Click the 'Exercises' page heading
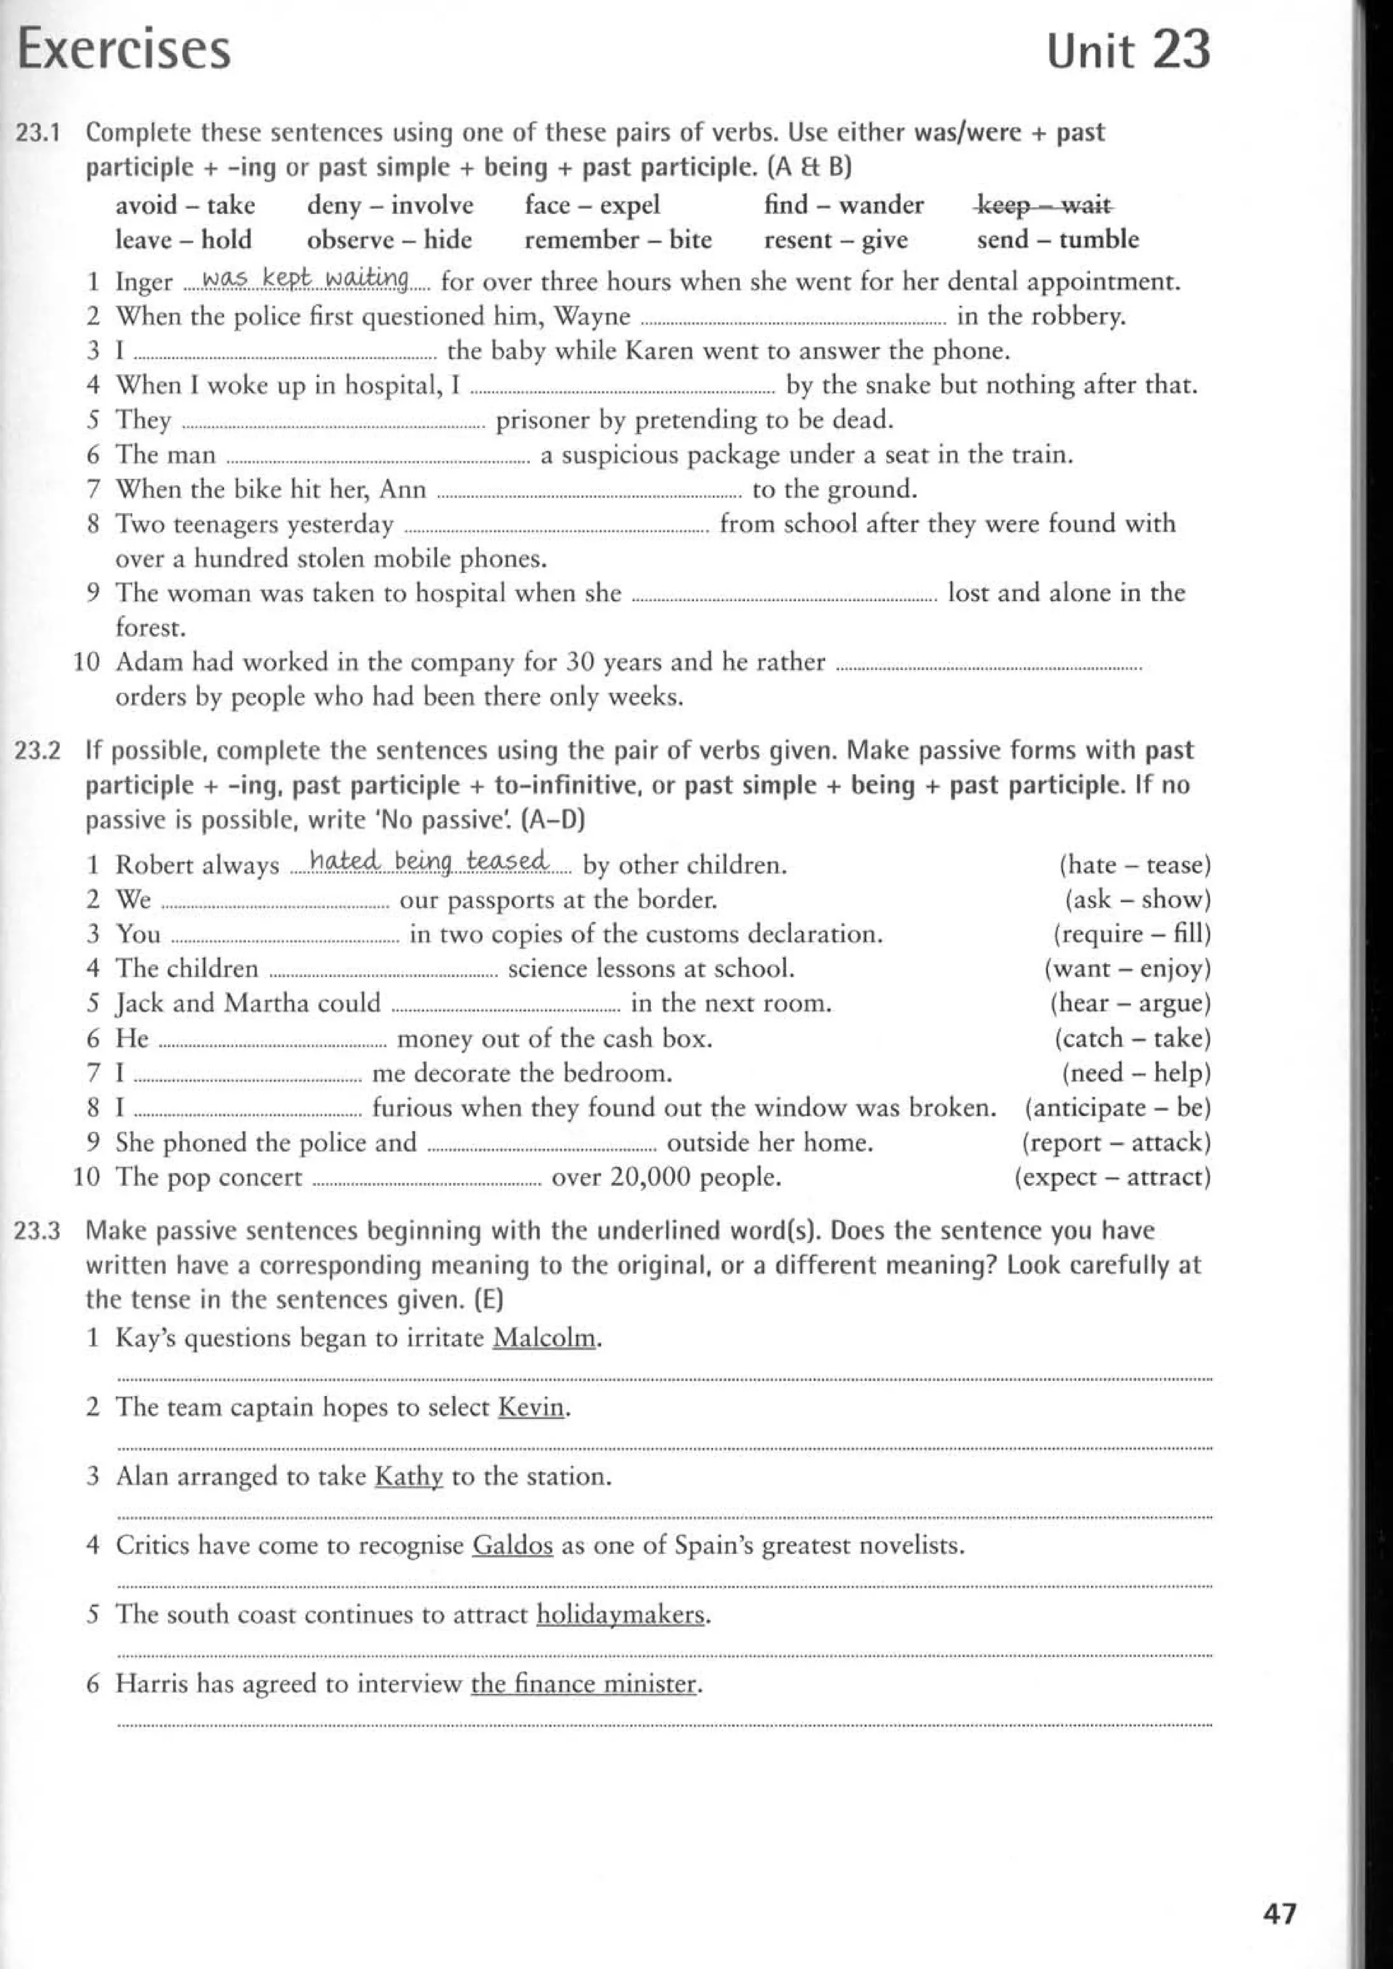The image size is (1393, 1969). [x=124, y=50]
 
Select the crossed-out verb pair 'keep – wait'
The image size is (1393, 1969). [x=1045, y=205]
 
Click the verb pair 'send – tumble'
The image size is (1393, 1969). [x=1058, y=239]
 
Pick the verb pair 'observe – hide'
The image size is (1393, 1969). [x=390, y=239]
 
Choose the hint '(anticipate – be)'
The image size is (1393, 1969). [x=1118, y=1108]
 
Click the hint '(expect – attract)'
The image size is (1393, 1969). [x=1113, y=1176]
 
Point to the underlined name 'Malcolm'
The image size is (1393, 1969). [x=545, y=1338]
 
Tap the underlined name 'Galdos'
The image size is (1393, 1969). [x=513, y=1545]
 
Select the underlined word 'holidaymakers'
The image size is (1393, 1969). [x=621, y=1615]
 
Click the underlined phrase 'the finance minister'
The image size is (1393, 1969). [x=584, y=1683]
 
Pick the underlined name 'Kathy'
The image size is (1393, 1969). [x=409, y=1476]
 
